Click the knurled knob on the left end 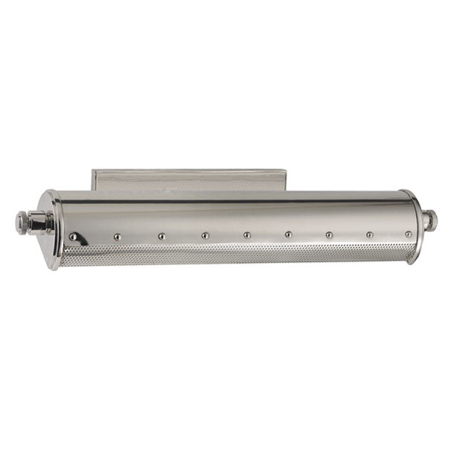pos(22,221)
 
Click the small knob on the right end pos(429,220)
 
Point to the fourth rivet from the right pos(288,234)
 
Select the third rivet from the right pos(328,234)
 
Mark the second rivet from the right pos(369,234)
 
